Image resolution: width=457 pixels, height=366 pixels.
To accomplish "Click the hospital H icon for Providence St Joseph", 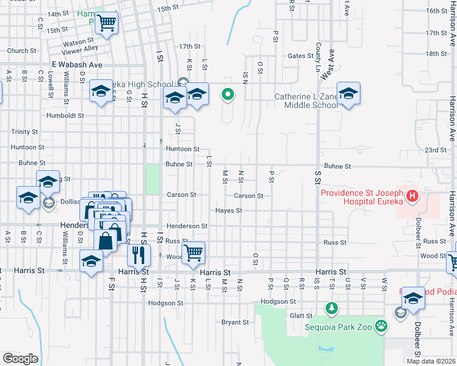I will click(412, 196).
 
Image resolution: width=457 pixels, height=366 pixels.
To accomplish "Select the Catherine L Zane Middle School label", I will click(305, 101).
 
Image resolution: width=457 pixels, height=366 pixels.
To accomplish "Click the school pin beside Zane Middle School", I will click(348, 94).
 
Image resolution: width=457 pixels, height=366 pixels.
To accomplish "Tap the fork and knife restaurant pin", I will click(139, 256).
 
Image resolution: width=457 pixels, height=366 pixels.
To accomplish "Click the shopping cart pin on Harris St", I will click(193, 251).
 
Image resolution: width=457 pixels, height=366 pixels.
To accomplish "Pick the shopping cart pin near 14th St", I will click(107, 23).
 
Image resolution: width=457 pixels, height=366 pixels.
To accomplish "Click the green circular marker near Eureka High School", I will click(228, 94).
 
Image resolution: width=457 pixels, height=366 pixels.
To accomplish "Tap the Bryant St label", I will click(235, 322).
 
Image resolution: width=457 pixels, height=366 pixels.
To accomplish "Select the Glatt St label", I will click(301, 315).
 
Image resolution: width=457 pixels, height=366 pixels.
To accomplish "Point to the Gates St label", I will click(300, 56).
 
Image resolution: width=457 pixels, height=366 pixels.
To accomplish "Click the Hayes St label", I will click(228, 211).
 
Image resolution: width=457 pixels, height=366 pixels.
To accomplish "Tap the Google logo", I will click(20, 358).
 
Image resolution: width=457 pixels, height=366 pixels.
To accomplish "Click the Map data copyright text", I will click(430, 361).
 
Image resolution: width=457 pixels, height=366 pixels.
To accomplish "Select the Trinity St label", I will click(24, 132).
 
